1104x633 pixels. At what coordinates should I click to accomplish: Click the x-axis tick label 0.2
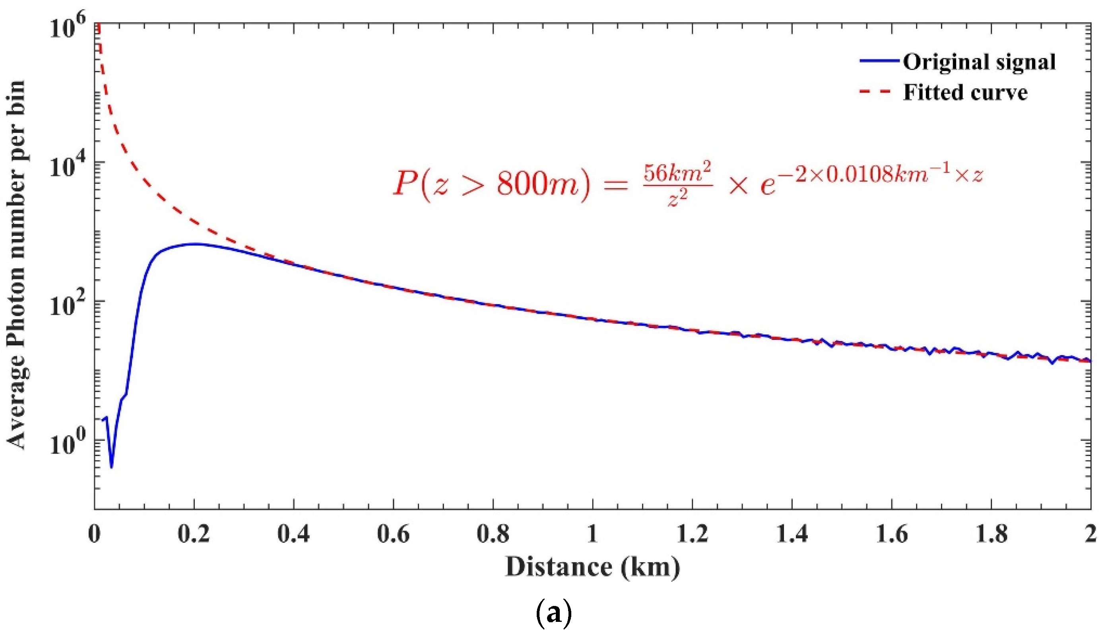tap(194, 534)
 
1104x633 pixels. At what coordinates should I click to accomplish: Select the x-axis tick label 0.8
tap(493, 534)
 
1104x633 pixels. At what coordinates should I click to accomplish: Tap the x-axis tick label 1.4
tap(792, 534)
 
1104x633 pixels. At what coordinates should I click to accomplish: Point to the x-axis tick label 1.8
tap(991, 534)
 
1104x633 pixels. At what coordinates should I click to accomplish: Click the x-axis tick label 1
tap(592, 534)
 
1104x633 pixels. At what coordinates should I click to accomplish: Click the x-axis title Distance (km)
tap(592, 568)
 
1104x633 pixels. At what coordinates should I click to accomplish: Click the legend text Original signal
tap(979, 62)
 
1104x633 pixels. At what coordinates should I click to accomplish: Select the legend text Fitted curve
tap(965, 93)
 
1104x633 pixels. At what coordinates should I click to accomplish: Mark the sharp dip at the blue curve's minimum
tap(112, 466)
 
